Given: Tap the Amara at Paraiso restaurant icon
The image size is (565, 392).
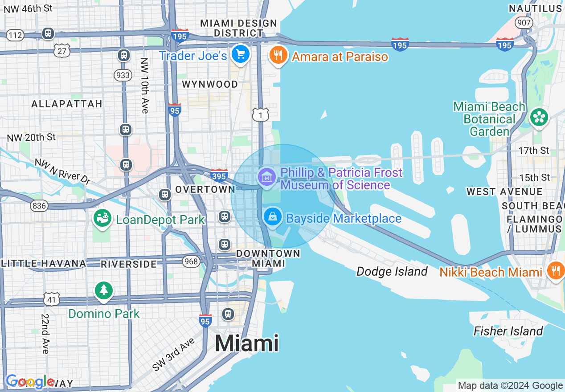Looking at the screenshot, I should coord(278,55).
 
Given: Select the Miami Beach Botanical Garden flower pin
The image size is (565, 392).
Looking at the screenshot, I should coord(539,117).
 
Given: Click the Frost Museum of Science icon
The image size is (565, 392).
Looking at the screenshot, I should coord(267,177).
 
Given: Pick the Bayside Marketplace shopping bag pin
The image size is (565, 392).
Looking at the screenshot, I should coord(272,217).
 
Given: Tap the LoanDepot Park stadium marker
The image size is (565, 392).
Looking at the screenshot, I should coord(102,218).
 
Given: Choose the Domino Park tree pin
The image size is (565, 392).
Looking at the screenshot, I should coord(104,290).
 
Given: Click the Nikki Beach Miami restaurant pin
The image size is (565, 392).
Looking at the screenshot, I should coord(555,270).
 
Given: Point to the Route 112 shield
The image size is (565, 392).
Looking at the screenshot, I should coord(15,35).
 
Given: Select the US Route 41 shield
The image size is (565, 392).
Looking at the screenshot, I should coord(52,299).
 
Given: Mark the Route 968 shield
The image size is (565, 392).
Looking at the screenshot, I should coord(191,261).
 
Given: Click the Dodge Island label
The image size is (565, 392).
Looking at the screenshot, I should coord(392,271).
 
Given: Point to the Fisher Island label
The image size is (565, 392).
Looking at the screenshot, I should coord(508,331).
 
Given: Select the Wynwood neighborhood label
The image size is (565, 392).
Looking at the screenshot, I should coord(210,84).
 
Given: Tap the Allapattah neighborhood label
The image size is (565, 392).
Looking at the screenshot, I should coord(67,104).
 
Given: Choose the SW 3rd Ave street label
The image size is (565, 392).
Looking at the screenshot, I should coord(173,354).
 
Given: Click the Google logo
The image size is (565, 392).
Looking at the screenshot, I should coord(30,382).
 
